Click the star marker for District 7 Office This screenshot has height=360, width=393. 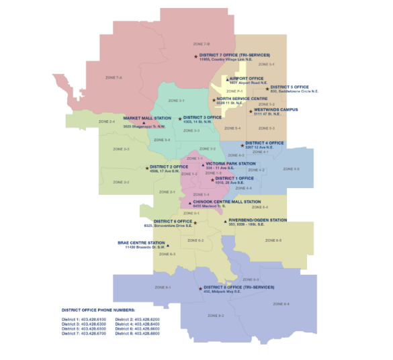[x=196, y=56]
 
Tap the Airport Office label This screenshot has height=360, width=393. [x=247, y=78]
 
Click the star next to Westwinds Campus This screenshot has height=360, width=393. [x=251, y=111]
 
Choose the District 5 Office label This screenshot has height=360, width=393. [x=290, y=87]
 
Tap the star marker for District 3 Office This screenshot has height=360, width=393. [x=180, y=118]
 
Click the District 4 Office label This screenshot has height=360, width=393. [x=265, y=143]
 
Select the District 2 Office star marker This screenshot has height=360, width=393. [x=147, y=168]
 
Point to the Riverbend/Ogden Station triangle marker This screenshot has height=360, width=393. [x=225, y=221]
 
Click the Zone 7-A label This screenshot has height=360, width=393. [x=114, y=78]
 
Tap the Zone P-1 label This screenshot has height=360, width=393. [x=232, y=91]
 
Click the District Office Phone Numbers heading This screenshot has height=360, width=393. [x=98, y=310]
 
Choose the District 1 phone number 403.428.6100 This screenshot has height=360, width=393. [x=94, y=318]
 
